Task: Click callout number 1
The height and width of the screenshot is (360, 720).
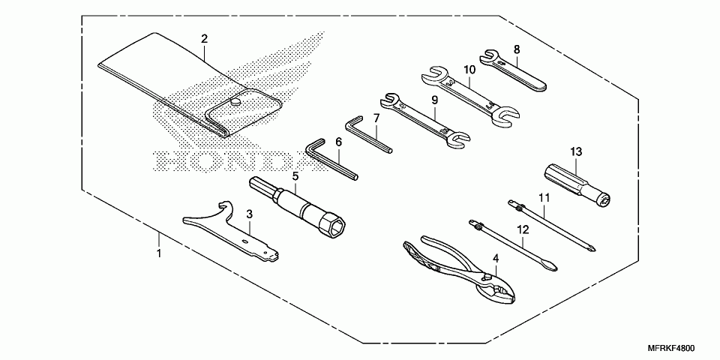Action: coord(158,254)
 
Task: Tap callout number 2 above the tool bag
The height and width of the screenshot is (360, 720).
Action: coord(204,38)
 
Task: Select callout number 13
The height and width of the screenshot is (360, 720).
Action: coord(575,151)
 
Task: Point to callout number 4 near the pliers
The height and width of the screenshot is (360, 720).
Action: coord(495,259)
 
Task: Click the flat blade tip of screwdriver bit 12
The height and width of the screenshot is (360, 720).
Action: coord(552,267)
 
